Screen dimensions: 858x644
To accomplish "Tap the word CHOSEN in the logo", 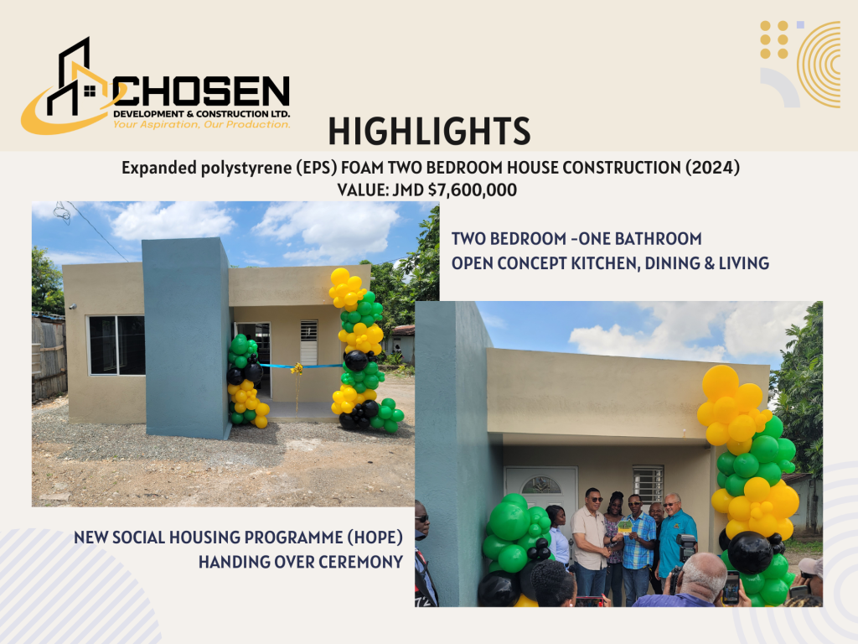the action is (201, 91).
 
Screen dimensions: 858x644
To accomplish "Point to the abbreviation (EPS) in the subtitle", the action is (316, 168).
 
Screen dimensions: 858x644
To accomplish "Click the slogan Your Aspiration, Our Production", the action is (201, 124).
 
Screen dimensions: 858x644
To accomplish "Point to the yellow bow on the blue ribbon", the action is (297, 369).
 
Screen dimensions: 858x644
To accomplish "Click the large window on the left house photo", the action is (116, 345).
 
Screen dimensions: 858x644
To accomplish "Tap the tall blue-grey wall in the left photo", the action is (186, 338).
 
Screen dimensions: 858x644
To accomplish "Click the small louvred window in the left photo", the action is (308, 342).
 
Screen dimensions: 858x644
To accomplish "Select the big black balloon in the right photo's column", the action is (750, 552).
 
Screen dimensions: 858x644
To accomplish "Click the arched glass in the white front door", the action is (541, 485).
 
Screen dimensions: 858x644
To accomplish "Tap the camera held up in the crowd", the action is (686, 548).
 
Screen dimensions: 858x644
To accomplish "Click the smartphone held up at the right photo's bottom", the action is (731, 587).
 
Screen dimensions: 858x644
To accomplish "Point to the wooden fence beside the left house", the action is (49, 357).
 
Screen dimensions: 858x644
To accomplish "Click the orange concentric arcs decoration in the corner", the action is (819, 65).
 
